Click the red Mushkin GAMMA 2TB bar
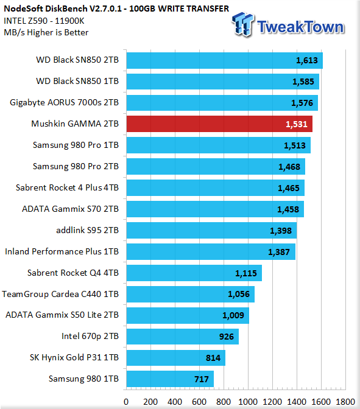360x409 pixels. click(x=219, y=124)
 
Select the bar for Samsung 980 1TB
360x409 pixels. click(x=170, y=379)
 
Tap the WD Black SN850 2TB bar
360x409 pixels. click(x=225, y=60)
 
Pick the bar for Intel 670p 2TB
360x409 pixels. click(x=183, y=337)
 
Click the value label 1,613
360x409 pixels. click(x=307, y=60)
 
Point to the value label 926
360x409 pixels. click(x=227, y=337)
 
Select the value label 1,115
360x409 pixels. click(x=246, y=273)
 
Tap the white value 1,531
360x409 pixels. click(x=296, y=124)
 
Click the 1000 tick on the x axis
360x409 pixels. click(x=248, y=402)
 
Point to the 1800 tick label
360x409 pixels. click(x=345, y=402)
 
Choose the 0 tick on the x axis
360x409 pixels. click(x=126, y=402)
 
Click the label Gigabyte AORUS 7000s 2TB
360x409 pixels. click(x=64, y=102)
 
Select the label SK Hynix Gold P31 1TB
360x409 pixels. click(x=74, y=358)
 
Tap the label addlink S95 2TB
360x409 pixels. click(x=88, y=230)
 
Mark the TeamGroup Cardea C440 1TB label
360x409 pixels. click(x=60, y=294)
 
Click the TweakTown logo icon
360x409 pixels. click(x=243, y=24)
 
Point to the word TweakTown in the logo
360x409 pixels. click(x=300, y=27)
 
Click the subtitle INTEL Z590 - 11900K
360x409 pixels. click(x=44, y=21)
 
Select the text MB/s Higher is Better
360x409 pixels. click(x=46, y=32)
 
